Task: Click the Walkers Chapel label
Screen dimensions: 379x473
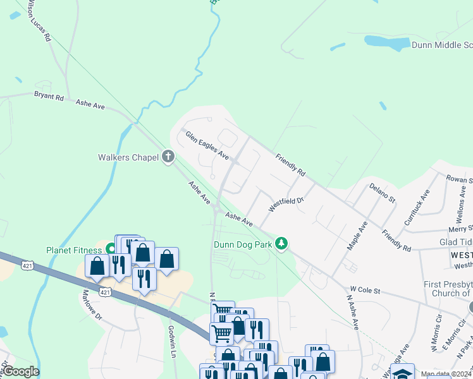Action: pos(128,157)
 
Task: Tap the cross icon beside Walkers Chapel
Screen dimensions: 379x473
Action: pos(168,156)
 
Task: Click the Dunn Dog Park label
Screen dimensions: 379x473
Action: pos(242,244)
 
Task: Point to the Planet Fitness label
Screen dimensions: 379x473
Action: pos(73,250)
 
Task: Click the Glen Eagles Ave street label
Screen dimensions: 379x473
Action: pos(207,144)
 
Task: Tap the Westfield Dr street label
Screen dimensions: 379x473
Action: pos(286,204)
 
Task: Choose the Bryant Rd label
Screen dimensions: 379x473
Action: pos(49,97)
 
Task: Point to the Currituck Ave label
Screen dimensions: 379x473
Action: pos(416,207)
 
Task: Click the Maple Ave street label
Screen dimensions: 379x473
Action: pos(357,235)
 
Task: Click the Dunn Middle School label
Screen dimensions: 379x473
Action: pos(441,45)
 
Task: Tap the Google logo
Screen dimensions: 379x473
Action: pos(20,371)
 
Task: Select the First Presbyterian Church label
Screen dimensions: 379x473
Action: pos(448,289)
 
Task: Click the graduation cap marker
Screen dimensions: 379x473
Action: pos(402,372)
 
